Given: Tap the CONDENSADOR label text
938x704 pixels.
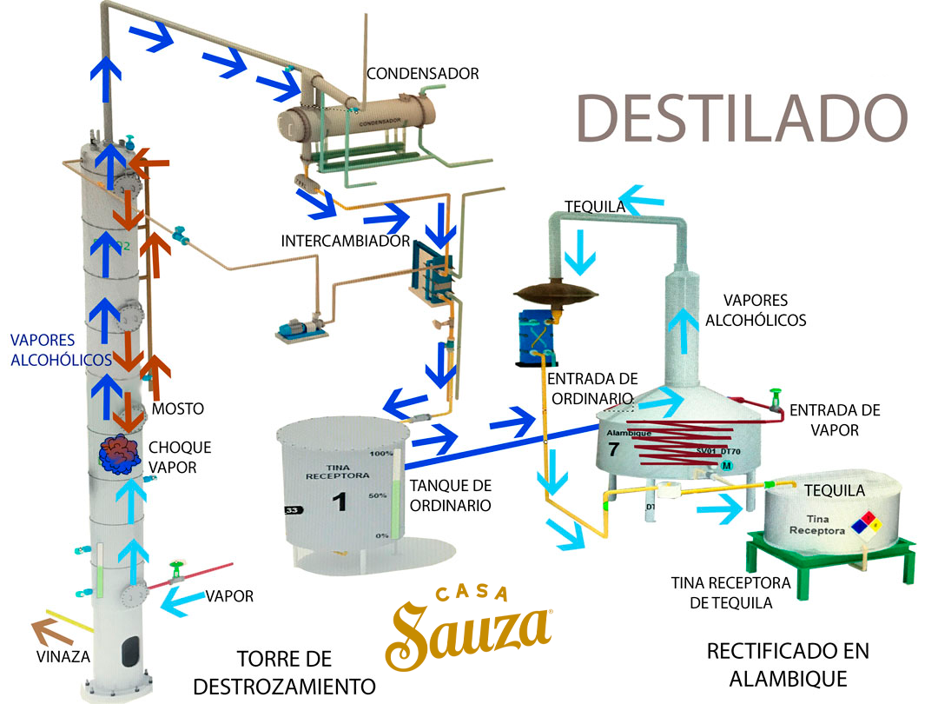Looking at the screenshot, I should [x=422, y=74].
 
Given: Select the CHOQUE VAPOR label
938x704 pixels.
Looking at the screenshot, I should [x=180, y=457].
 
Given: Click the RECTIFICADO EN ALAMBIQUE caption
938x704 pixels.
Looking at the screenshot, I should [x=788, y=663].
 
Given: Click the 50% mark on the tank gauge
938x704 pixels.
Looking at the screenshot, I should [x=379, y=495].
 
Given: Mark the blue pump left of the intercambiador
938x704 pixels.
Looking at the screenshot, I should [x=301, y=329].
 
